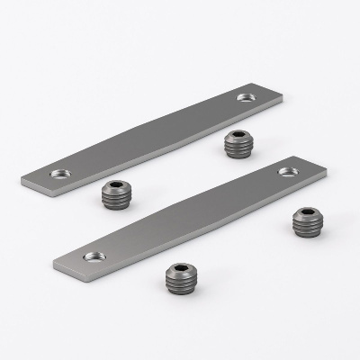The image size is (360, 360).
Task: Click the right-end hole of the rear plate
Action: point(246,95)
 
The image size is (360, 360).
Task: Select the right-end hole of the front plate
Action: point(288,170)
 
